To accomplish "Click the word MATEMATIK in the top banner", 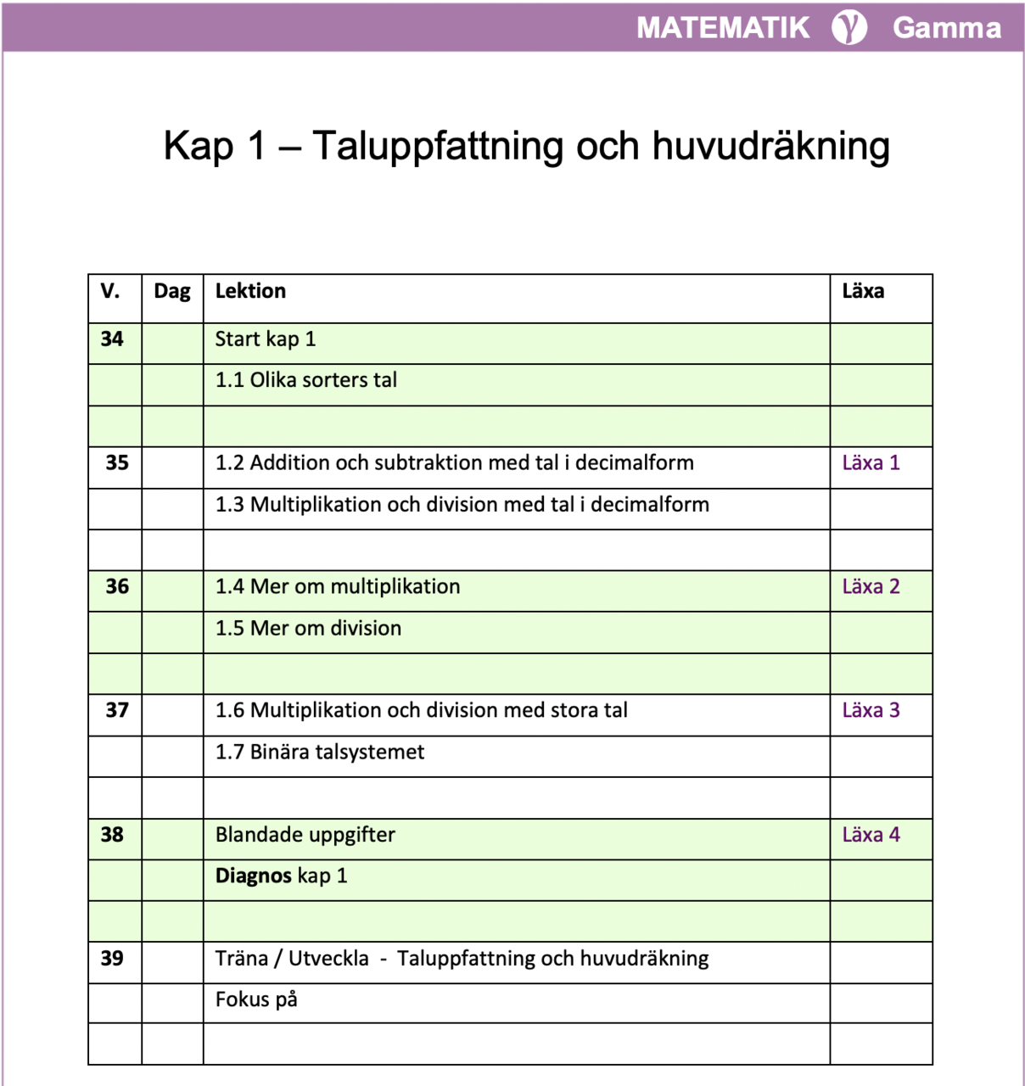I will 723,27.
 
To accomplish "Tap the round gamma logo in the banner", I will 849,27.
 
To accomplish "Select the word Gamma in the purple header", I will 946,27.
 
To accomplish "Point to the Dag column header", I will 172,291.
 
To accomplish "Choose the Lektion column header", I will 250,291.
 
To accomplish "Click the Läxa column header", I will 863,291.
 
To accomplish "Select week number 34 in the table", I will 112,339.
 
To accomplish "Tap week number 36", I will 117,586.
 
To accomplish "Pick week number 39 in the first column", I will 112,958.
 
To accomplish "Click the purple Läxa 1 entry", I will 871,462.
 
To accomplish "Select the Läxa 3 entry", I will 871,710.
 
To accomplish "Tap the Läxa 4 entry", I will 871,834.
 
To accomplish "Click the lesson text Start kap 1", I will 266,339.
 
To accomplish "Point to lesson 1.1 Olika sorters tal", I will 306,380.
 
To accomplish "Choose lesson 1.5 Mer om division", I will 308,628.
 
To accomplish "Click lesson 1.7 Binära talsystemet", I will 320,752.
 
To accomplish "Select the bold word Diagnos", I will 254,876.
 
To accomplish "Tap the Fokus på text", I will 256,999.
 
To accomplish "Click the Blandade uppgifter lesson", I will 305,835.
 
